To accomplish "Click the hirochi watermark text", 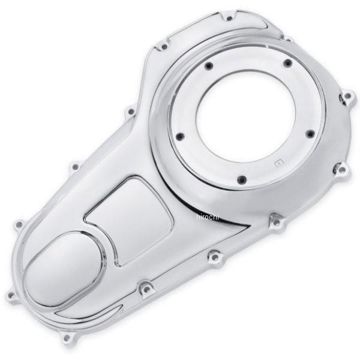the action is coord(208,217).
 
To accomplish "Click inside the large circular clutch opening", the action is coord(245,116).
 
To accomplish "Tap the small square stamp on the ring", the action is coord(279,163).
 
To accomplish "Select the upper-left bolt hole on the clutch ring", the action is coord(209,66).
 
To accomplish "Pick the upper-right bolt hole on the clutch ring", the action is coord(287,63).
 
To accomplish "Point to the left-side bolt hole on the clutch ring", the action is coord(181,136).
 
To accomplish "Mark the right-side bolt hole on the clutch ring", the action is coord(310,134).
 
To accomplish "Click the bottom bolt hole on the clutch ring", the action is coord(242,179).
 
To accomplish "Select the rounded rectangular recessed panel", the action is coord(128,221).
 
